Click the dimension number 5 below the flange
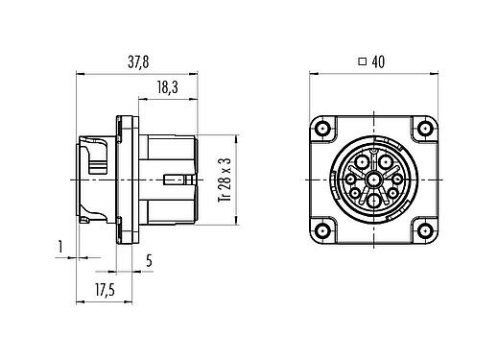tap(149, 259)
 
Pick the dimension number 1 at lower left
tap(60, 248)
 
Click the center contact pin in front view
tap(372, 180)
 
